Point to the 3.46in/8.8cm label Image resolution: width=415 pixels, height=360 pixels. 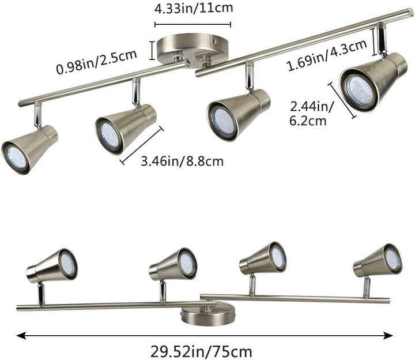pyautogui.click(x=182, y=162)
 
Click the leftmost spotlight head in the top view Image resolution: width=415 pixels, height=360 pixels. pyautogui.click(x=29, y=148)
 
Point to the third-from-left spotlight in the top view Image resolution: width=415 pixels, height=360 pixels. pyautogui.click(x=237, y=113)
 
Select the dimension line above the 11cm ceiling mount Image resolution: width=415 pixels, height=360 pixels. pyautogui.click(x=193, y=25)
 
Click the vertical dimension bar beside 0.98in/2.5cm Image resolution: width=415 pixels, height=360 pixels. pyautogui.click(x=152, y=51)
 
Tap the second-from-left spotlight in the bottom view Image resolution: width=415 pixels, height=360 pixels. pyautogui.click(x=173, y=264)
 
